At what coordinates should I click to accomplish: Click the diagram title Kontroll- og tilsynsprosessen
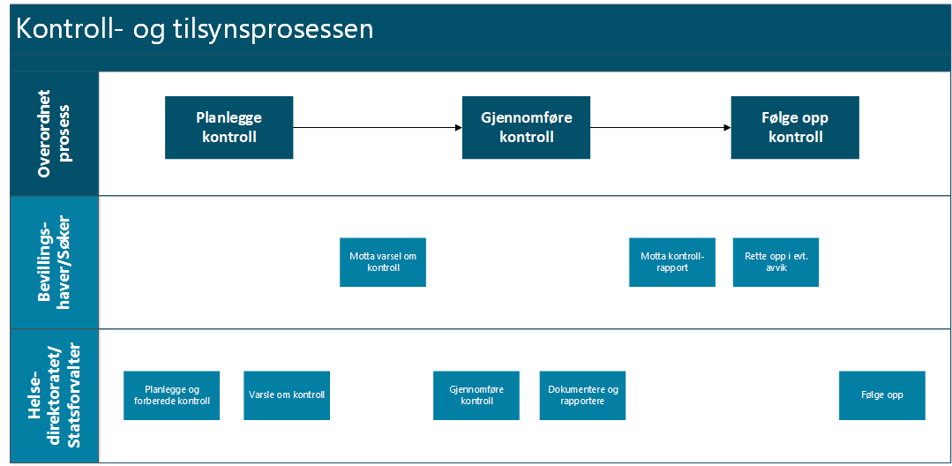tap(195, 28)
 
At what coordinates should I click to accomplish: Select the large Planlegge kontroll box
tap(229, 128)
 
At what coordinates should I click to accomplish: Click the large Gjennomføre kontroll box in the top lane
tap(526, 128)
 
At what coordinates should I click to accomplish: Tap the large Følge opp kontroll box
tap(794, 128)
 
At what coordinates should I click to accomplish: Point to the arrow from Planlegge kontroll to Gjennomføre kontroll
tap(378, 128)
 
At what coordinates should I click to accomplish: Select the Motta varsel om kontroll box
tap(382, 262)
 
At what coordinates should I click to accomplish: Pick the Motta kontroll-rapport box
tap(671, 262)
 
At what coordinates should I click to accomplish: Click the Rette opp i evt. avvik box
tap(776, 262)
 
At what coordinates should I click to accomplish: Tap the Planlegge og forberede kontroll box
tap(171, 395)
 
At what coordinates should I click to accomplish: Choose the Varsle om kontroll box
tap(286, 395)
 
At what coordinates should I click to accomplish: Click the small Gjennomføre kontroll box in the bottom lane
tap(476, 395)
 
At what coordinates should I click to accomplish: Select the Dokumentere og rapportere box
tap(582, 395)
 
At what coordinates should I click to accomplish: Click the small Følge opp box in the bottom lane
tap(881, 395)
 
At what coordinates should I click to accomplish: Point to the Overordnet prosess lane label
tap(54, 133)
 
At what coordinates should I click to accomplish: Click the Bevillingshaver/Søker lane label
tap(54, 262)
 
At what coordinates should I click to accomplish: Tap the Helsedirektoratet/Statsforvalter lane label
tap(54, 395)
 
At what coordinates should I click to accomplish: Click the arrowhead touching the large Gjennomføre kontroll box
tap(458, 128)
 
